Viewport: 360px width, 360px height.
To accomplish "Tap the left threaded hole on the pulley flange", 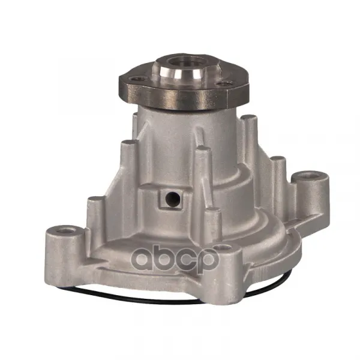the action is click(137, 79).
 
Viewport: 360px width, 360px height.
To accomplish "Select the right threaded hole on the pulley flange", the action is click(225, 84).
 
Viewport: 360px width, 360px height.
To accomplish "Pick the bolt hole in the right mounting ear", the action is click(310, 176).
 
